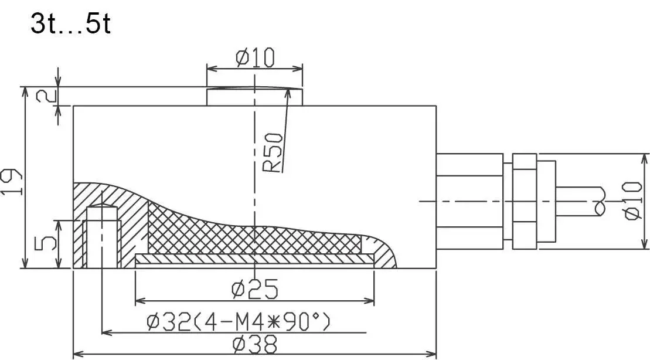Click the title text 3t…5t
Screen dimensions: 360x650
point(70,25)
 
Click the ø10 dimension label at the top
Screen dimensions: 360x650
point(255,58)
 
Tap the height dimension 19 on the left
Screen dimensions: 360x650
point(13,182)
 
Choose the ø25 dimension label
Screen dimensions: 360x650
point(254,289)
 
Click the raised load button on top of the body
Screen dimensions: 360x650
point(254,97)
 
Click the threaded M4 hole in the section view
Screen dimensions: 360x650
point(103,237)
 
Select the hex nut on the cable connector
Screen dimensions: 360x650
point(524,201)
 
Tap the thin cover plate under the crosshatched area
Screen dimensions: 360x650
point(254,259)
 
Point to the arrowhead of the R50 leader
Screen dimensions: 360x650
point(290,91)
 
